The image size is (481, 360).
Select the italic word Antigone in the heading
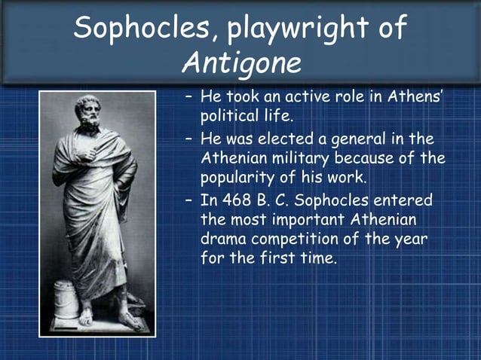point(241,63)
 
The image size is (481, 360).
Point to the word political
point(234,117)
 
